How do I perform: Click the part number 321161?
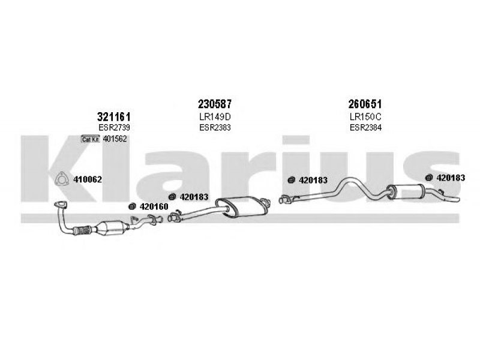114,116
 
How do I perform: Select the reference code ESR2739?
113,128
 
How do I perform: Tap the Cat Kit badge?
91,140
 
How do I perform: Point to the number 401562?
115,140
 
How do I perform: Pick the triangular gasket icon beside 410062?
61,178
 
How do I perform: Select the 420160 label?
154,207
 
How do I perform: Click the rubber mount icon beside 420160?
133,207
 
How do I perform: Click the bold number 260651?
365,104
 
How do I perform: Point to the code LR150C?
365,116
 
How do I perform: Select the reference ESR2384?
365,128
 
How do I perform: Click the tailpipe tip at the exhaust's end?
456,200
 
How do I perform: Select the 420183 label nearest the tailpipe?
449,178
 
